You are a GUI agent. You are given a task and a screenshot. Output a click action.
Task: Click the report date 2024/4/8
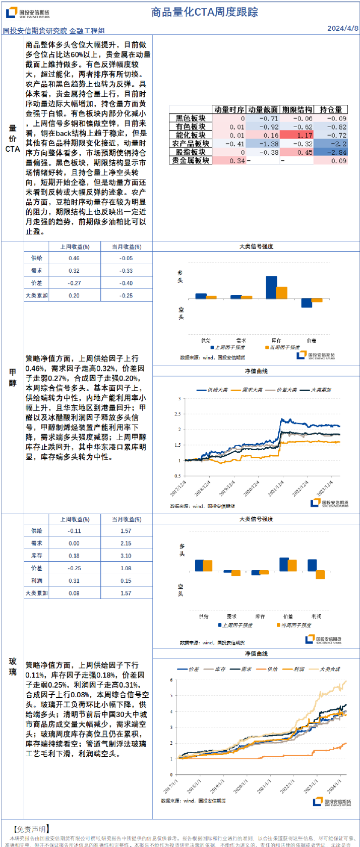[342, 28]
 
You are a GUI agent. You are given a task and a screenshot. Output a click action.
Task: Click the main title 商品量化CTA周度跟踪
[204, 12]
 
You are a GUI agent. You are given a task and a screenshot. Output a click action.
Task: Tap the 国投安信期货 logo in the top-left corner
[28, 13]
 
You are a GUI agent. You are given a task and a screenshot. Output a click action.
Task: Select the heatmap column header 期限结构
[296, 109]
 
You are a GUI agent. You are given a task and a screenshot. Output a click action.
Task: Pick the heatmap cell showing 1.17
[296, 135]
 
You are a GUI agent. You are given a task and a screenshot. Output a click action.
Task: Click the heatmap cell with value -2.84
[331, 152]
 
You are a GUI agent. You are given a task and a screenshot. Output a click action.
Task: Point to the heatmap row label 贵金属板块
[190, 160]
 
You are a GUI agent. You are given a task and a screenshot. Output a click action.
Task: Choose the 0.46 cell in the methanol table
[74, 258]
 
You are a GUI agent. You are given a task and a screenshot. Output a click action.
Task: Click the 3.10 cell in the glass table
[126, 556]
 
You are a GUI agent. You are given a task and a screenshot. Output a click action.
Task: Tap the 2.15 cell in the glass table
[126, 543]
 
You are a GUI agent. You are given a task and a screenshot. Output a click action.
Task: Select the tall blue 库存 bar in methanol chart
[271, 287]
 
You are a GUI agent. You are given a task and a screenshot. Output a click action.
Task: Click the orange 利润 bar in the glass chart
[320, 575]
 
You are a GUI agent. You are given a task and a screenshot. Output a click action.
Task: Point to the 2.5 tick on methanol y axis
[177, 414]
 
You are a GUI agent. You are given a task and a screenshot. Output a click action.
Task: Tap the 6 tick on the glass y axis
[171, 680]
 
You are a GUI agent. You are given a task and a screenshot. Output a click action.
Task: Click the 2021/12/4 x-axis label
[276, 487]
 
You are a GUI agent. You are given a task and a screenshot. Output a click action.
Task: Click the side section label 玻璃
[13, 666]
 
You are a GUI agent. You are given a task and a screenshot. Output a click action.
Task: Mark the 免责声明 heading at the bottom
[31, 829]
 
